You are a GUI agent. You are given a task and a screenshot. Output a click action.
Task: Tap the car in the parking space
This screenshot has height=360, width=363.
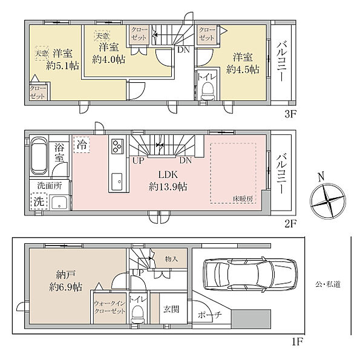(250, 273)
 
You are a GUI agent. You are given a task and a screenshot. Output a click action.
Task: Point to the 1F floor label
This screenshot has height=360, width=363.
(297, 342)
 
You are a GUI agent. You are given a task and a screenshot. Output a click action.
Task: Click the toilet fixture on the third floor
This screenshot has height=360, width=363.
(207, 91)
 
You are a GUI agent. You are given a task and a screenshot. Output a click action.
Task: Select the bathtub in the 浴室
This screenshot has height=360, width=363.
(39, 156)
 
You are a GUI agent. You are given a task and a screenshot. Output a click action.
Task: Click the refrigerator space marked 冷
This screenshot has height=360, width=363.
(82, 145)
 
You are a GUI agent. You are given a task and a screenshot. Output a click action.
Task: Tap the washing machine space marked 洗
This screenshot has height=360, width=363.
(39, 201)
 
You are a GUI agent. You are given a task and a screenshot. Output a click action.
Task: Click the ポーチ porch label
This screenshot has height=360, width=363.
(210, 315)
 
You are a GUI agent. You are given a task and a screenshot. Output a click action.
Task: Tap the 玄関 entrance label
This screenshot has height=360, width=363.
(171, 309)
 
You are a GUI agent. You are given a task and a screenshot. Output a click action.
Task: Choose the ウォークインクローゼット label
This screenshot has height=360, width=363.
(110, 307)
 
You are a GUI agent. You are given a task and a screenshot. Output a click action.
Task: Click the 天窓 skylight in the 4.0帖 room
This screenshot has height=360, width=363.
(102, 36)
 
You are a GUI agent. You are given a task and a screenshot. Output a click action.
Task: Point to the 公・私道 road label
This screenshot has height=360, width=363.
(328, 284)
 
